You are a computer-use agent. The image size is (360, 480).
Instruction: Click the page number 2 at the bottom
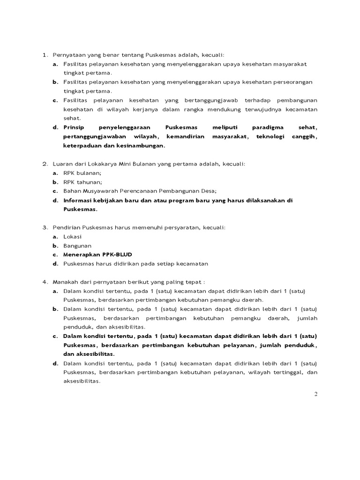click(x=316, y=394)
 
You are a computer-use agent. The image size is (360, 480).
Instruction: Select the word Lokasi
click(x=73, y=237)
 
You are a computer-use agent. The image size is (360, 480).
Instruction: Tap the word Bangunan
click(x=77, y=246)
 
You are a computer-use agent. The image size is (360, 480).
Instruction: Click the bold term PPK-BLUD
click(x=117, y=255)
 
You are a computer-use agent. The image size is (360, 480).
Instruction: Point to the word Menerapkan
click(x=82, y=255)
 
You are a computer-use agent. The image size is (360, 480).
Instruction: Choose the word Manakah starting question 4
click(x=66, y=282)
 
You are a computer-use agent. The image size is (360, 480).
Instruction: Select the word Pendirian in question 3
click(x=67, y=227)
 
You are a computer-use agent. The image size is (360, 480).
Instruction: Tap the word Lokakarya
click(x=102, y=164)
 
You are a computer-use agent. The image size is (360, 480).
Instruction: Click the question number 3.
click(x=45, y=227)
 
